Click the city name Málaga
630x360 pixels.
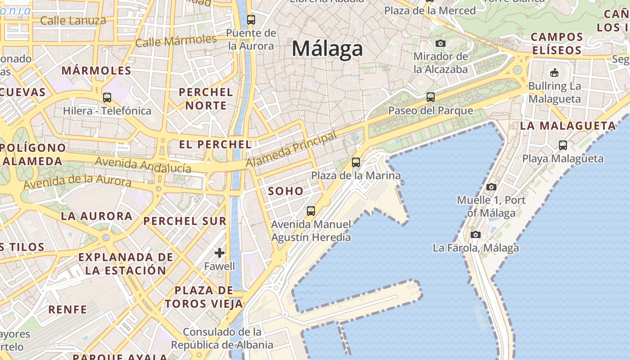click(x=327, y=49)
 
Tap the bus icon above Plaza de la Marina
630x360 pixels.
click(x=356, y=162)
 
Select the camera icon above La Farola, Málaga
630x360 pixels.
click(x=475, y=234)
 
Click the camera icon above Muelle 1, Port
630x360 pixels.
click(x=491, y=187)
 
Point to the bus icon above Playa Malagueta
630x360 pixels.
click(x=563, y=145)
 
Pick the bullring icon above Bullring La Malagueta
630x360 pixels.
click(x=554, y=72)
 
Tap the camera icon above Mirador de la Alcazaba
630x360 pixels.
click(x=441, y=43)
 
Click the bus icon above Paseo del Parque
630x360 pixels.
click(x=431, y=97)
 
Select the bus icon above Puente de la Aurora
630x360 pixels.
click(x=251, y=20)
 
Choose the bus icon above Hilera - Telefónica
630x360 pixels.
click(x=107, y=97)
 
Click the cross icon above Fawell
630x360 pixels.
click(x=220, y=253)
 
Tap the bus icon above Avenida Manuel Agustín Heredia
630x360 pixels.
click(x=310, y=211)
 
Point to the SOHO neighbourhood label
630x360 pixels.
click(x=286, y=191)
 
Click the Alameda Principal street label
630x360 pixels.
click(x=291, y=150)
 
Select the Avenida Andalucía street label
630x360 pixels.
click(x=143, y=165)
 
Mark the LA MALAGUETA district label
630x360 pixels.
click(x=568, y=126)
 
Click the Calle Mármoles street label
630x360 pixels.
click(x=175, y=41)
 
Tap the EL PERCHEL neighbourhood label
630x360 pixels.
click(x=215, y=144)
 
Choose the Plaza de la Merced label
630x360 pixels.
click(x=430, y=10)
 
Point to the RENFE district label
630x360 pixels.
click(x=67, y=310)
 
